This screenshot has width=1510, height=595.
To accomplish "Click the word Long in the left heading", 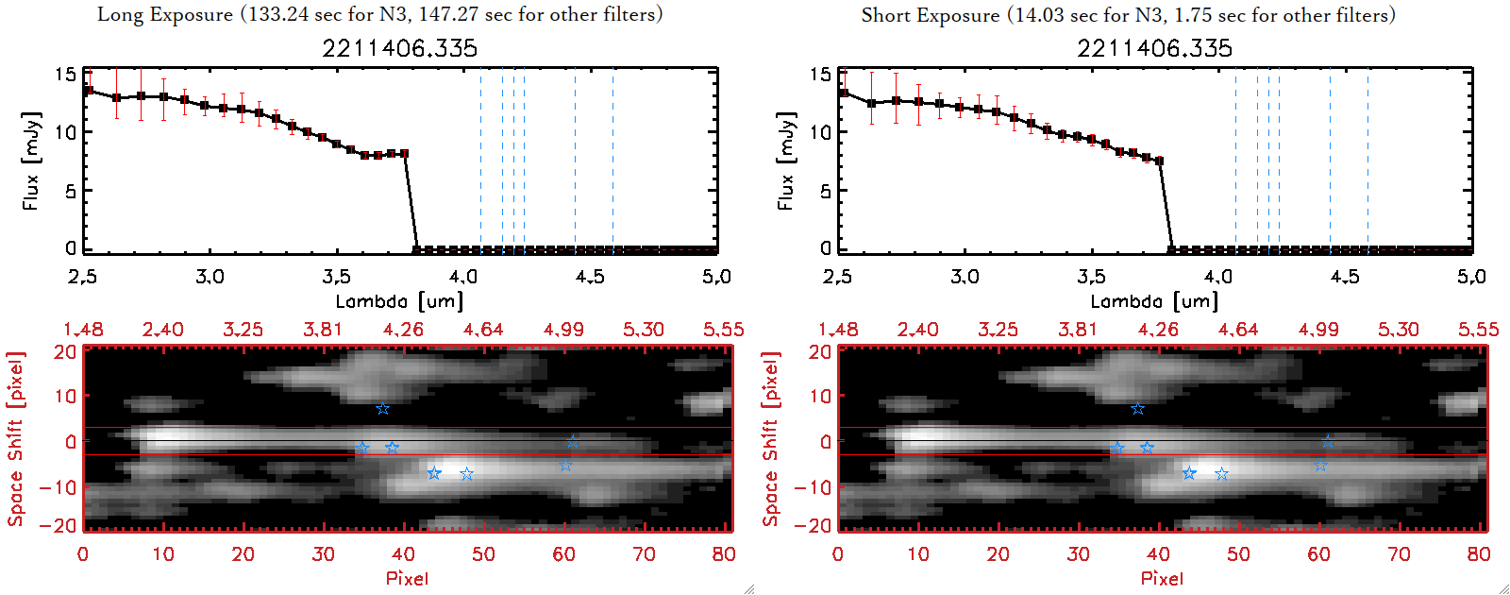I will (121, 15).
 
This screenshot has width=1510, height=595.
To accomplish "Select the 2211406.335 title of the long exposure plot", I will (399, 48).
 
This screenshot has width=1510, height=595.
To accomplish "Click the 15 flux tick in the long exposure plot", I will (65, 74).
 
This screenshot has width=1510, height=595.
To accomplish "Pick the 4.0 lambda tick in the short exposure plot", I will (1217, 277).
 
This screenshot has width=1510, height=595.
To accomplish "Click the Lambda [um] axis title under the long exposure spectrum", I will (399, 301).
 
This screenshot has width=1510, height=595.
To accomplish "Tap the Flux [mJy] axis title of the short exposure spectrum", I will (785, 161).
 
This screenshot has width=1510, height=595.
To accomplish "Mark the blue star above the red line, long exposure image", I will (382, 409).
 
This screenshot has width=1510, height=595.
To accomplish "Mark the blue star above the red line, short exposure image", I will (1137, 409).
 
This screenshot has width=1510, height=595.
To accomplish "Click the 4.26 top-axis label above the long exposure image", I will (403, 330).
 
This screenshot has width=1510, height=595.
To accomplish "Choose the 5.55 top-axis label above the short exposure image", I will (1478, 330).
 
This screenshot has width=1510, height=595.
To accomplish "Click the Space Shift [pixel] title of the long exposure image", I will (15, 439).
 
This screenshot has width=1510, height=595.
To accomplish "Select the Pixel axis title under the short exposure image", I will (1162, 578).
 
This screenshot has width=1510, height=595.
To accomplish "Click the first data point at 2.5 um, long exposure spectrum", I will (89, 91).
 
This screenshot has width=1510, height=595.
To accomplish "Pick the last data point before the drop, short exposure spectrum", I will (1159, 161).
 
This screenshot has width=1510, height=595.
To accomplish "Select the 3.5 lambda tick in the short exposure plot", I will (1091, 277).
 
